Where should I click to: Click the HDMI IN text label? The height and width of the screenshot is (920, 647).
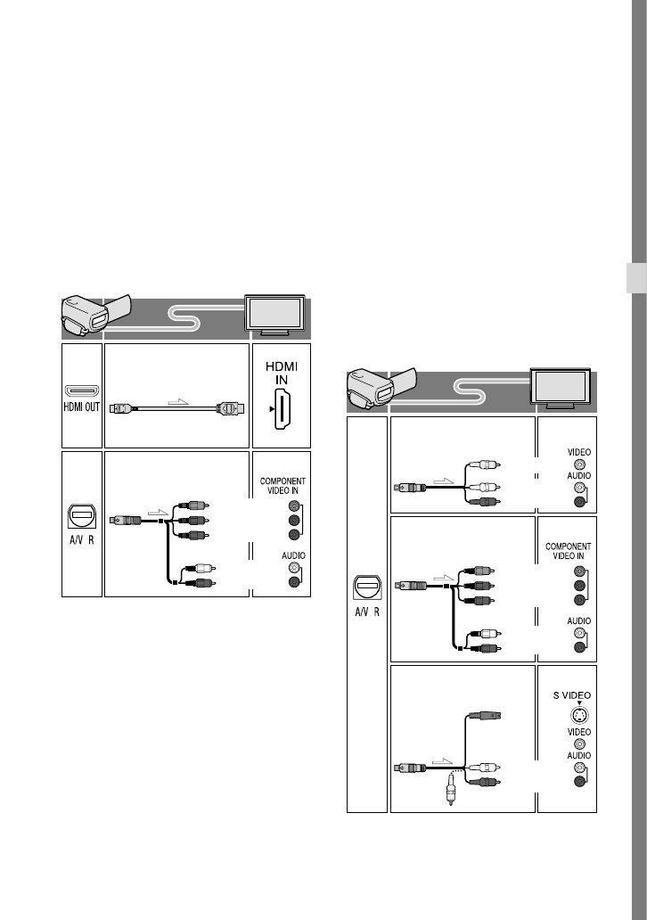click(x=282, y=374)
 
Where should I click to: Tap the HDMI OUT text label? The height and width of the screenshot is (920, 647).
click(x=81, y=407)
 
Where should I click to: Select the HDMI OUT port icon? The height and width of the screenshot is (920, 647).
click(x=81, y=390)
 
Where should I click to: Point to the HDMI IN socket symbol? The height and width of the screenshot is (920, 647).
click(x=283, y=409)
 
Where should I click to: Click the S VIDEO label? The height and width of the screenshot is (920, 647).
click(x=572, y=695)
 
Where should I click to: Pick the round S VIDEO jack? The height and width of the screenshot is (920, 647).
click(x=579, y=715)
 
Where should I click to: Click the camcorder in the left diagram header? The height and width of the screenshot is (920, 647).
click(x=96, y=316)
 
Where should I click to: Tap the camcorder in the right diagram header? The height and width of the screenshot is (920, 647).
click(x=381, y=389)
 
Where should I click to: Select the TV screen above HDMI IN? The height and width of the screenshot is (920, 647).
click(x=274, y=315)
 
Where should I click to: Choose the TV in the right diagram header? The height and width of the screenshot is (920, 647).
click(x=561, y=388)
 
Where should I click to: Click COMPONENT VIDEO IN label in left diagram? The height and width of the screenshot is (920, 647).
click(x=283, y=486)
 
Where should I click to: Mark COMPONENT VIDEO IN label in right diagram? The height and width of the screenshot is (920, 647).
click(x=568, y=551)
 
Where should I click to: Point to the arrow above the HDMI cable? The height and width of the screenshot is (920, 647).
click(x=178, y=402)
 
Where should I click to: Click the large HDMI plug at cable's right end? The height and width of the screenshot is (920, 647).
click(x=230, y=408)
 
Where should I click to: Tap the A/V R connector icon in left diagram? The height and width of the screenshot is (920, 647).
click(x=81, y=516)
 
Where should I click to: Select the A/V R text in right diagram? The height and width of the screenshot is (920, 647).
click(x=366, y=612)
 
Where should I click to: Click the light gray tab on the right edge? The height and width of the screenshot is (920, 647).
click(x=636, y=277)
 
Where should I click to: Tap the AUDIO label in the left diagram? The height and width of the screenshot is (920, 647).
click(x=293, y=555)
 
